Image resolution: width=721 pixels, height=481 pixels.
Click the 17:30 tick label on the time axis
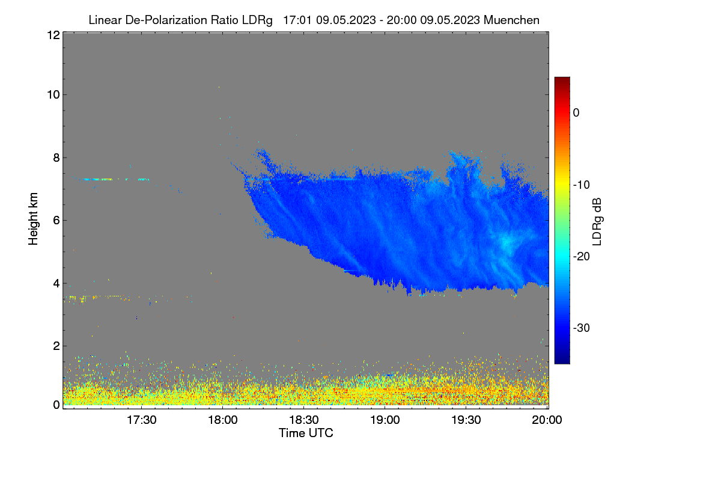(141, 420)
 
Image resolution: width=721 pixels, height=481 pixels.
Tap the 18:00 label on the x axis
(222, 420)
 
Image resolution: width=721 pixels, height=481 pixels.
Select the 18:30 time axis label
(303, 420)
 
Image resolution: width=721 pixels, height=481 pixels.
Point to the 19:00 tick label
(385, 420)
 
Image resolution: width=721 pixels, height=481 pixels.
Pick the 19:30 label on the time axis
(466, 420)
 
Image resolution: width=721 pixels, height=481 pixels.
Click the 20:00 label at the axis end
(547, 420)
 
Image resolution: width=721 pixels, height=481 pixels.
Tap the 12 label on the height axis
(53, 35)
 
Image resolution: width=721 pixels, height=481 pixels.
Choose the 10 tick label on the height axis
(53, 95)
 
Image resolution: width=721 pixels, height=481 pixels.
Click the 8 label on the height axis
(56, 158)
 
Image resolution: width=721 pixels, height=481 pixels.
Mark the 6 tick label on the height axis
(56, 221)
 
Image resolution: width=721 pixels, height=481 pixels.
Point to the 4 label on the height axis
(56, 284)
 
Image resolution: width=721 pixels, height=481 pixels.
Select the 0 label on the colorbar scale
(576, 113)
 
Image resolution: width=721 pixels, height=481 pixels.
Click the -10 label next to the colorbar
(582, 185)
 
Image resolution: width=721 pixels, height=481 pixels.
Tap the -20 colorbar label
(582, 257)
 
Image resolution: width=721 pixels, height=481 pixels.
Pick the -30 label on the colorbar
(582, 328)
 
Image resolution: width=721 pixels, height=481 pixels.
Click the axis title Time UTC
(306, 434)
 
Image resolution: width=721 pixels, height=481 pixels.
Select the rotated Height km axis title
(33, 219)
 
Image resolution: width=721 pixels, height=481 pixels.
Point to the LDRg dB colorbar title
(597, 222)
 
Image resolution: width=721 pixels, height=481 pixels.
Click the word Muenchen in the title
(511, 20)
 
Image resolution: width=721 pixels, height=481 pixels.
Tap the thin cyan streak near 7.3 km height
(115, 179)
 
